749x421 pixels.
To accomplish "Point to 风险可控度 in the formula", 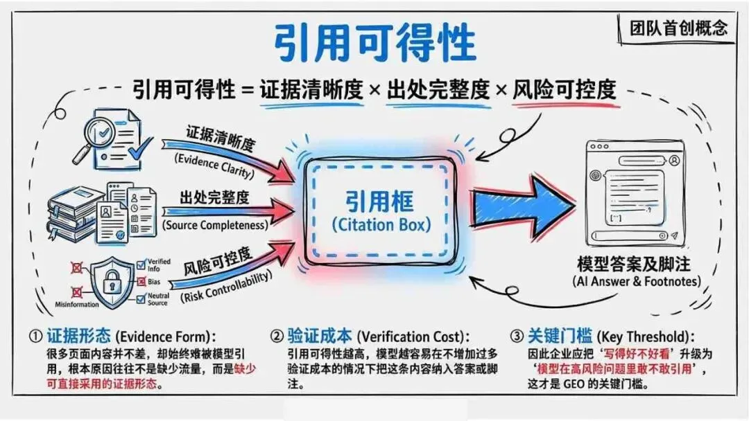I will click(x=564, y=90).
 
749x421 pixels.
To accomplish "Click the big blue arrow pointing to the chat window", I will click(x=524, y=206).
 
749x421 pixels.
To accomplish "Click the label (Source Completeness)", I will click(x=215, y=225).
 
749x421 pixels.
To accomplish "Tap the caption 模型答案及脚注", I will click(x=634, y=265).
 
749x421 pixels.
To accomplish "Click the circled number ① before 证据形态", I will click(x=35, y=337).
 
